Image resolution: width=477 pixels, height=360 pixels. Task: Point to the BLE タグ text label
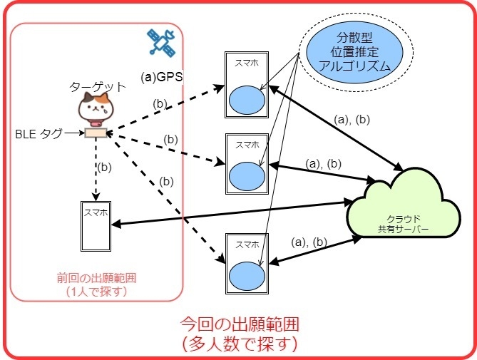coord(39,133)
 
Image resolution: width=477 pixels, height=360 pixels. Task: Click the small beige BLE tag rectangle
coord(95,133)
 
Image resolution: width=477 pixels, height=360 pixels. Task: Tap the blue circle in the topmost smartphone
coord(245,100)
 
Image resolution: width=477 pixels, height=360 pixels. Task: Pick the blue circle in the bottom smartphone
coord(245,274)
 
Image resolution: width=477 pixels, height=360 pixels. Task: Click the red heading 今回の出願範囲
coord(239,323)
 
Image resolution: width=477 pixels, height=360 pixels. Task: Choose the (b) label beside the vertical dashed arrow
coord(105,168)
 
